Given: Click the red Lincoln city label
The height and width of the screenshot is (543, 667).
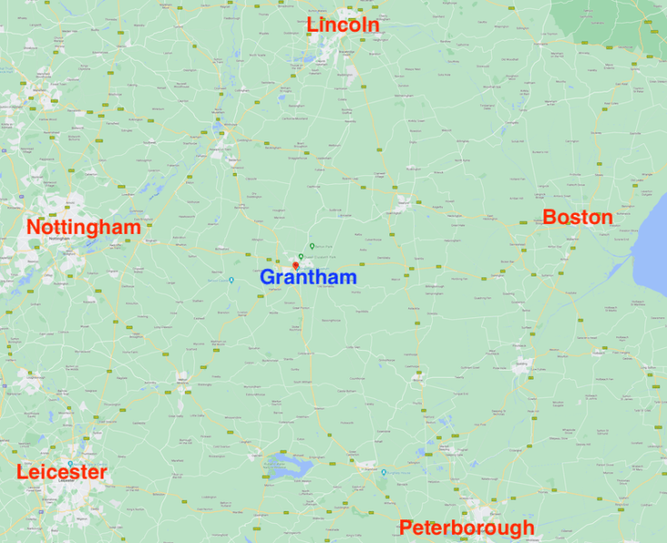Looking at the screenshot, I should click(343, 25).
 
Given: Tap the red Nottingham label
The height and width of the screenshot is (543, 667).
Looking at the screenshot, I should click(83, 227).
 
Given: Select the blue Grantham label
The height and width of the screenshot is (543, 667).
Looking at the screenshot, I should click(308, 277).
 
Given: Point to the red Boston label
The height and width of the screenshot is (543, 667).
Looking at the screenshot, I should click(577, 218).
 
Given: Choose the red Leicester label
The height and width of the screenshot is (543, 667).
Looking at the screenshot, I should click(62, 472).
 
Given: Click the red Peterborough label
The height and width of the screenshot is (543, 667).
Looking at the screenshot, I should click(466, 527).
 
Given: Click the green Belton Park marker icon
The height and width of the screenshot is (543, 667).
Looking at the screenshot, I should click(312, 246).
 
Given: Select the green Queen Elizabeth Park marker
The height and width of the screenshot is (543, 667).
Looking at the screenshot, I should click(300, 257).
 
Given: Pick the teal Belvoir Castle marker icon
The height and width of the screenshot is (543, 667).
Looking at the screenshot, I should click(231, 279).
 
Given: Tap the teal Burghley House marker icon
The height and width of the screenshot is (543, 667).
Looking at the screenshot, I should click(384, 472).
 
